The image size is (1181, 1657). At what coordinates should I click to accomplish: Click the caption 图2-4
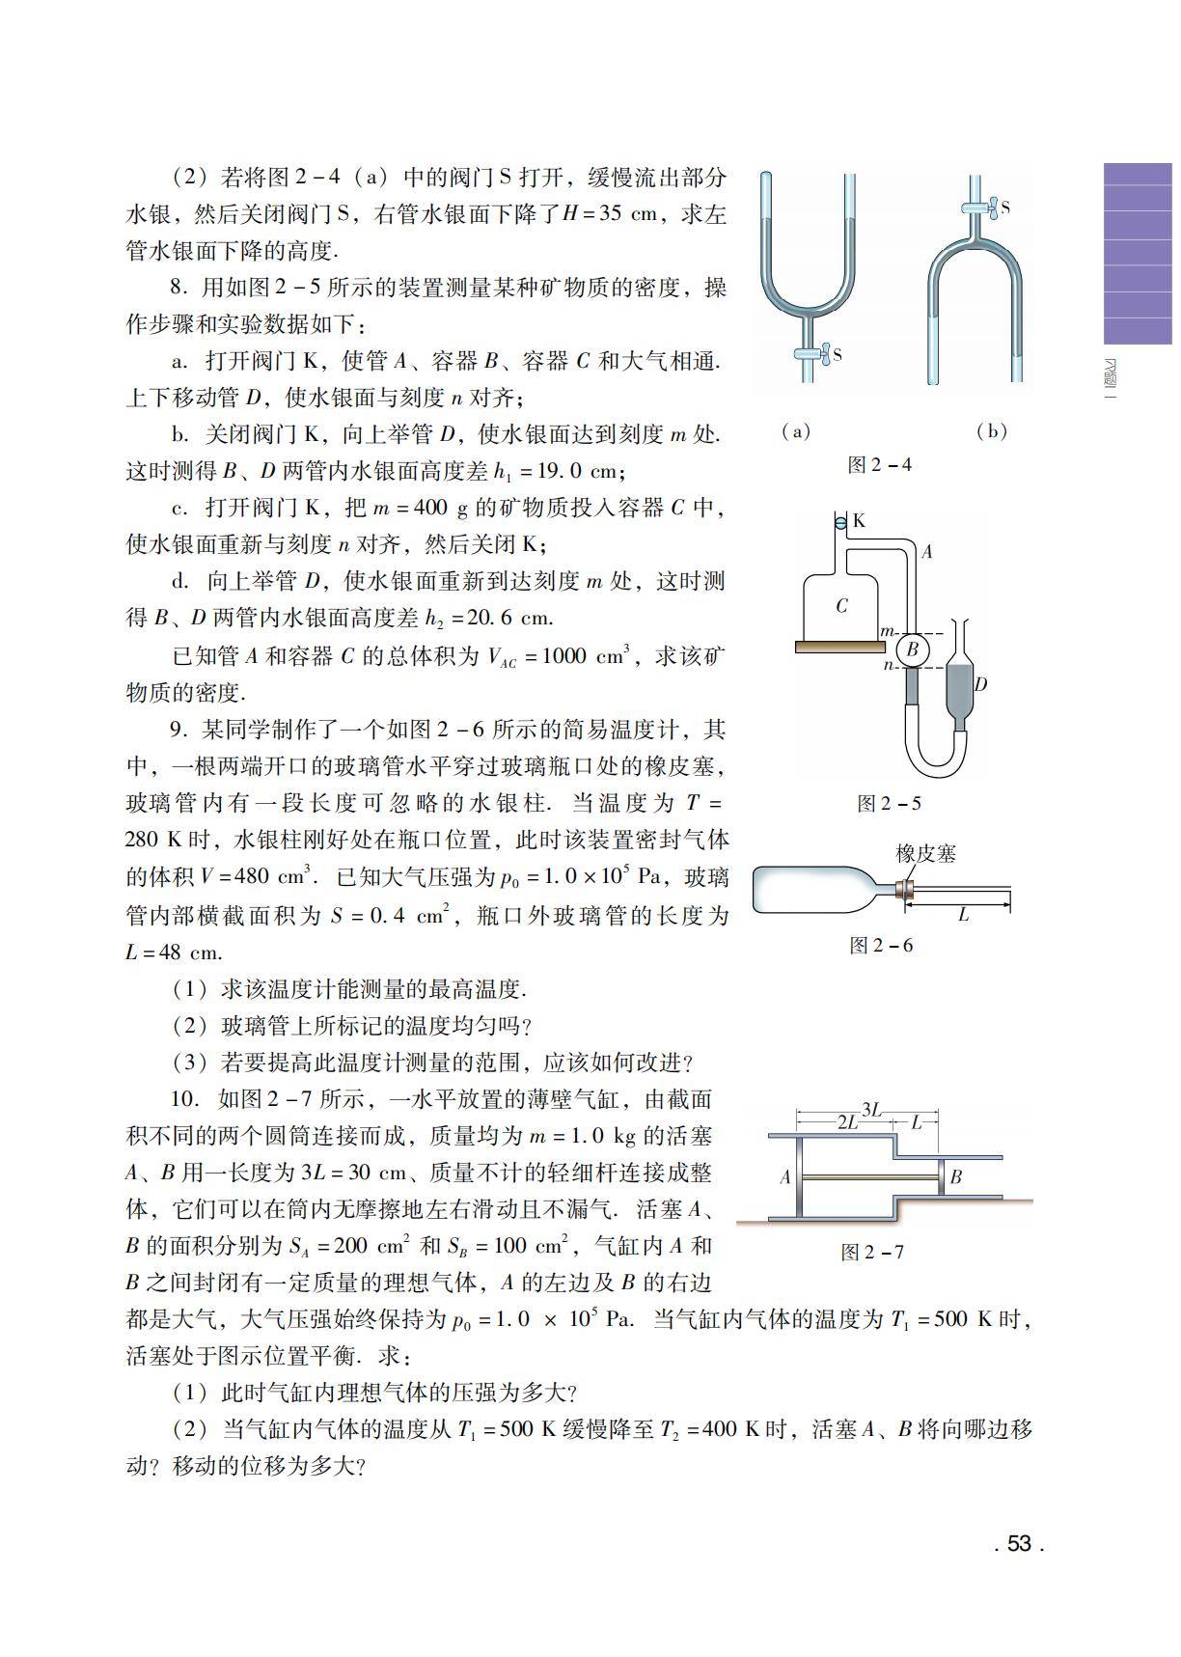pyautogui.click(x=879, y=464)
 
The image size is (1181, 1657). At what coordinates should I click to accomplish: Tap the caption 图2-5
pyautogui.click(x=889, y=803)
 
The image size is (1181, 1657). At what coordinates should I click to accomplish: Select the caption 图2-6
pyautogui.click(x=880, y=945)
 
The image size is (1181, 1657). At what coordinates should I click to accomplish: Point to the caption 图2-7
pyautogui.click(x=872, y=1252)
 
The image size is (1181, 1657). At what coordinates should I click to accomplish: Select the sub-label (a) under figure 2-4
pyautogui.click(x=796, y=431)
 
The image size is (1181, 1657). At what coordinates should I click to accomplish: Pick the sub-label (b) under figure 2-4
pyautogui.click(x=992, y=431)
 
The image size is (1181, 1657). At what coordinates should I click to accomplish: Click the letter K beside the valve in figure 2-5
pyautogui.click(x=859, y=521)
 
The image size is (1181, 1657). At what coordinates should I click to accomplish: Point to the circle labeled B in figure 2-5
pyautogui.click(x=912, y=650)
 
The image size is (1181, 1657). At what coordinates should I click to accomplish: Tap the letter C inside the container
pyautogui.click(x=841, y=606)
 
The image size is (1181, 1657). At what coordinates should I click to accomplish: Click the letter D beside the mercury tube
pyautogui.click(x=980, y=684)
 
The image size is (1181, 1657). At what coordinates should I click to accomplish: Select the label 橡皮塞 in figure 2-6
pyautogui.click(x=925, y=853)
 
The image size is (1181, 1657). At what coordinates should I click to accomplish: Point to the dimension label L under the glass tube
pyautogui.click(x=963, y=915)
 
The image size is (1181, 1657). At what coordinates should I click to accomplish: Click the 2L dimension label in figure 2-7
pyautogui.click(x=847, y=1122)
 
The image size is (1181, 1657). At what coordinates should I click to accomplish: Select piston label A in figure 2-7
pyautogui.click(x=785, y=1176)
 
